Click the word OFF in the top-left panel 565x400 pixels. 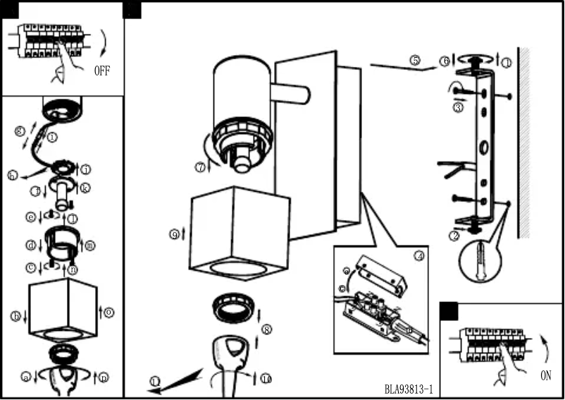pyautogui.click(x=102, y=71)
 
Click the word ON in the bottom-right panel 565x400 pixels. pyautogui.click(x=546, y=376)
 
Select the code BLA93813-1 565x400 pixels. pyautogui.click(x=409, y=389)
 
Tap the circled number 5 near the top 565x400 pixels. pyautogui.click(x=416, y=61)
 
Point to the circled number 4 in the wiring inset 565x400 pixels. pyautogui.click(x=419, y=255)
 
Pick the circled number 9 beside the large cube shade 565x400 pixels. pyautogui.click(x=174, y=234)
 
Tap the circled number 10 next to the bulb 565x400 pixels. pyautogui.click(x=266, y=379)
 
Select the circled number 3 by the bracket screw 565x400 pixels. pyautogui.click(x=458, y=108)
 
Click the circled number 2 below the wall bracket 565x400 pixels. pyautogui.click(x=454, y=235)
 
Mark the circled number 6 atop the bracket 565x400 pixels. pyautogui.click(x=445, y=61)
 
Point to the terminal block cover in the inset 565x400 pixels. pyautogui.click(x=380, y=273)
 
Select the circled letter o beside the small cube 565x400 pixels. pyautogui.click(x=108, y=312)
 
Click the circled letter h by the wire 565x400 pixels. pyautogui.click(x=13, y=176)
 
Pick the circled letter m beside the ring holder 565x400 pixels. pyautogui.click(x=89, y=245)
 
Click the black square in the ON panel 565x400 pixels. pyautogui.click(x=449, y=312)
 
